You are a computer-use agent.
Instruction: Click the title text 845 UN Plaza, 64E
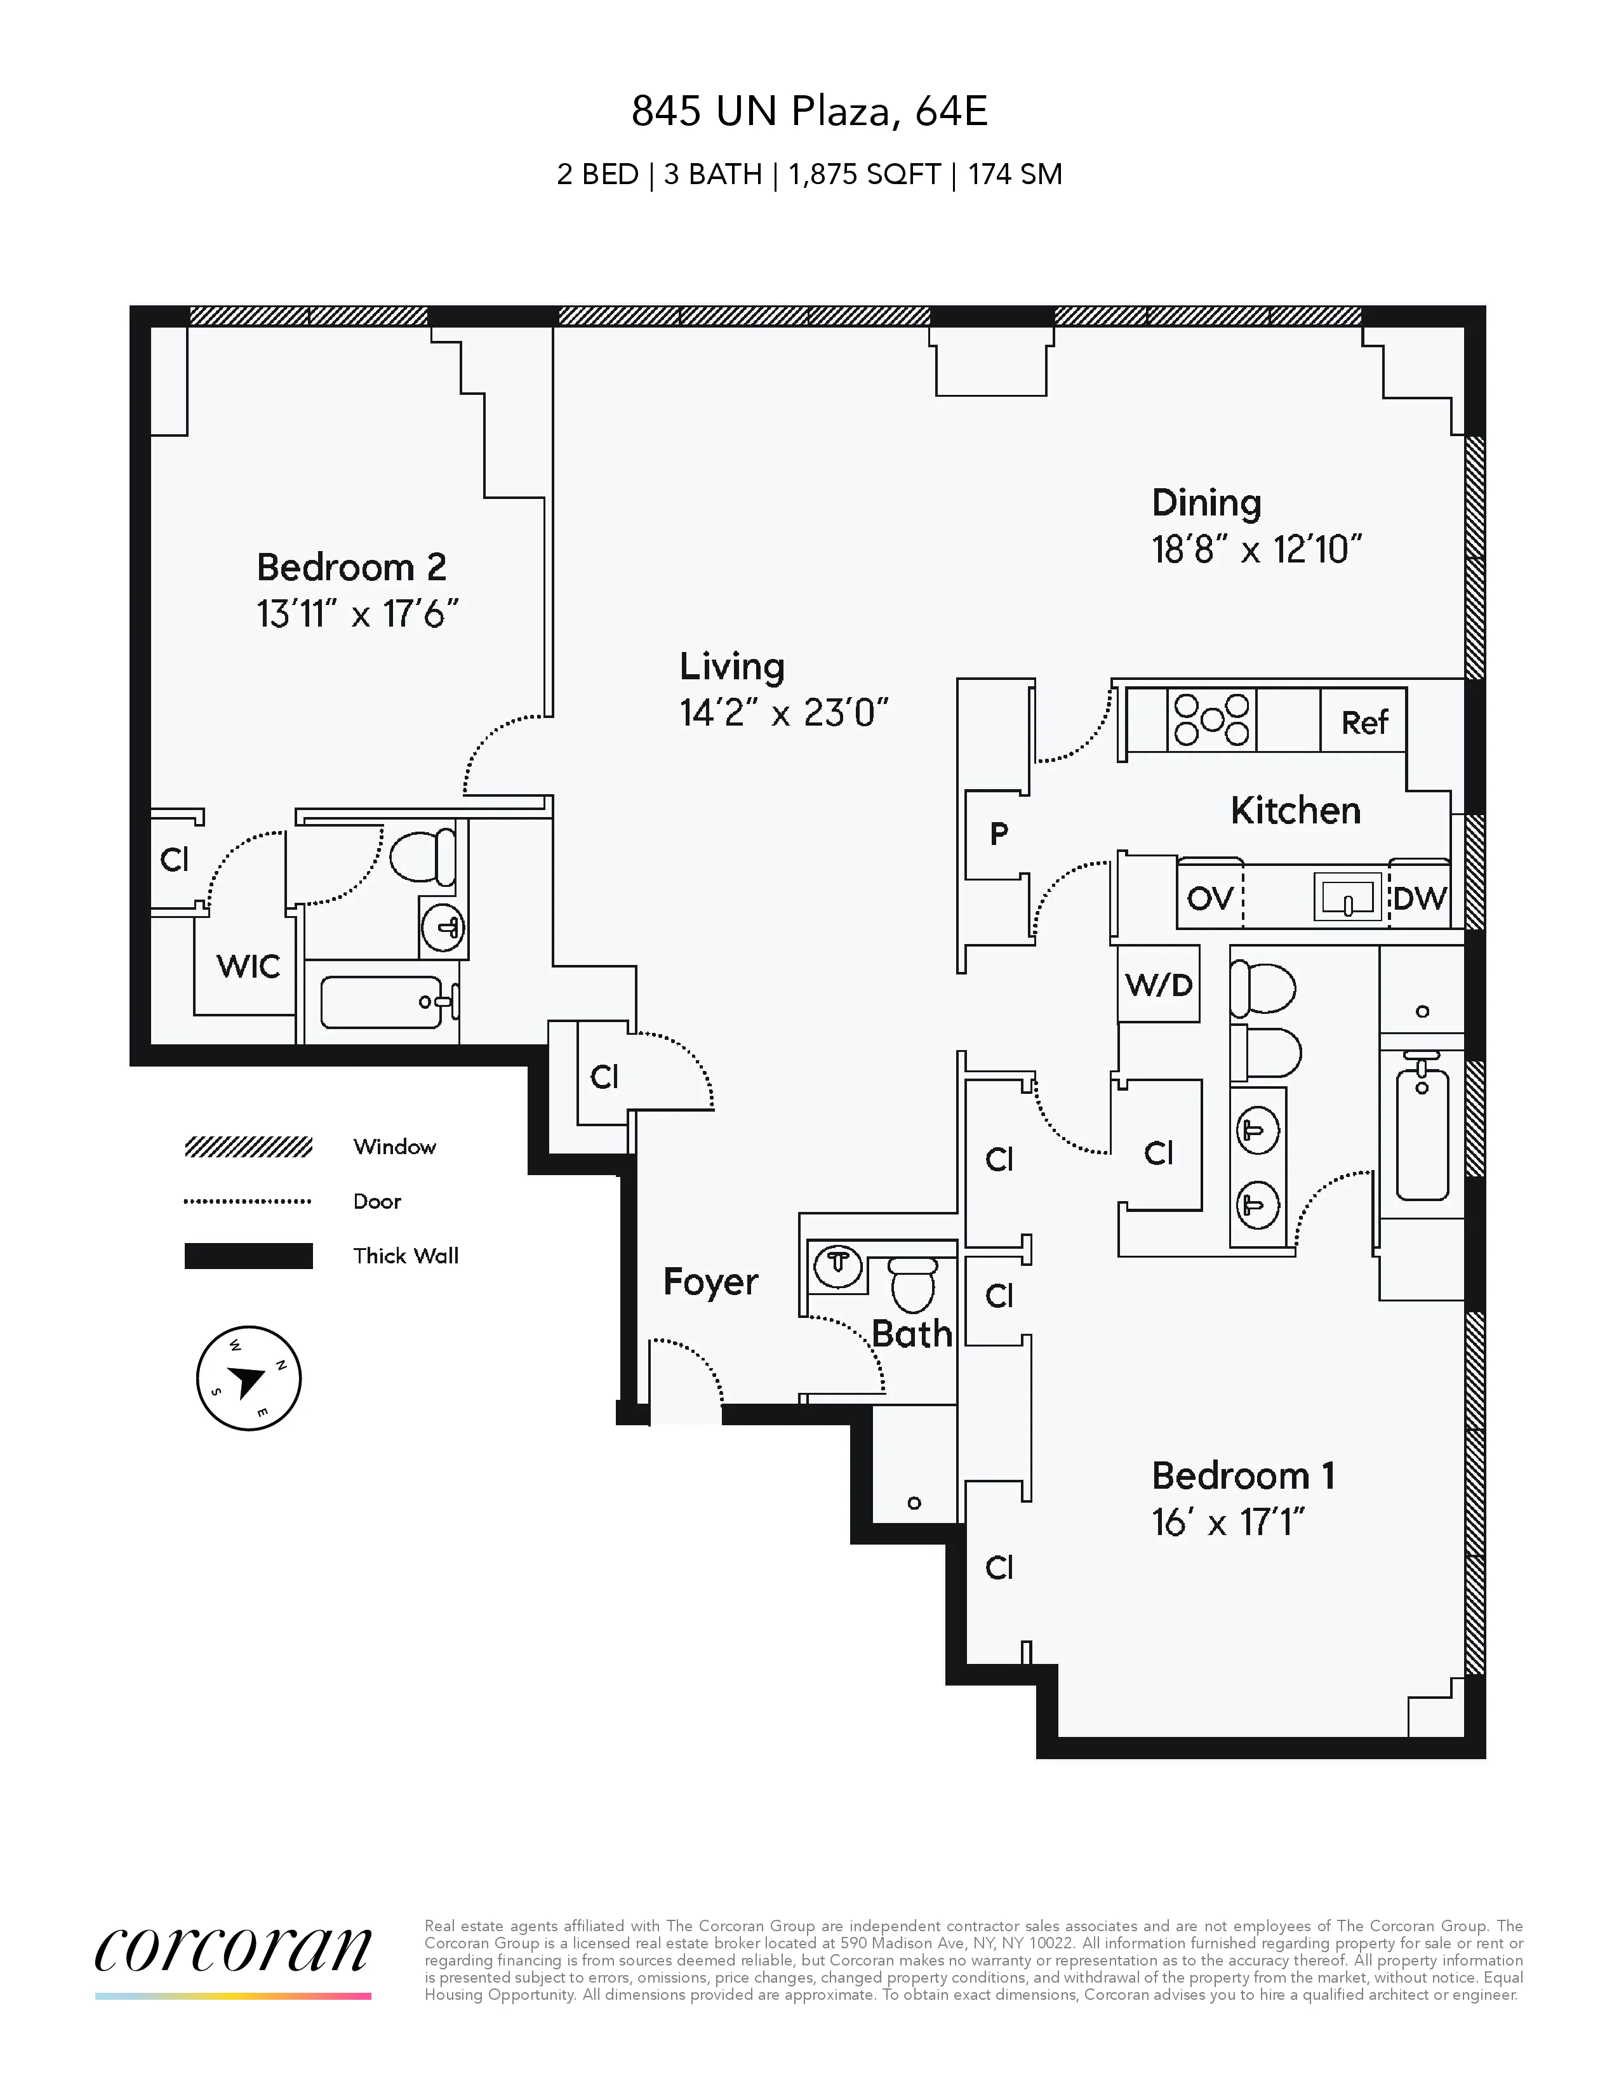(x=808, y=112)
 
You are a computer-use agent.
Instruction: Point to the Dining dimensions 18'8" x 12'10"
(x=1256, y=550)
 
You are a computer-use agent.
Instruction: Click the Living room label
(x=732, y=666)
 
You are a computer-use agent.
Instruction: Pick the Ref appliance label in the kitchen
(x=1364, y=722)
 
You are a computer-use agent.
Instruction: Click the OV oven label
(x=1209, y=899)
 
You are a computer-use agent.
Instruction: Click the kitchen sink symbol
(x=1347, y=898)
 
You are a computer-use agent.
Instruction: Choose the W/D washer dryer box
(x=1159, y=984)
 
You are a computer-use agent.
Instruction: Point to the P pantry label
(x=999, y=834)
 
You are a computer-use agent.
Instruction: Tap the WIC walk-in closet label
(x=248, y=966)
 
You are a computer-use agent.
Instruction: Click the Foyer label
(x=710, y=1282)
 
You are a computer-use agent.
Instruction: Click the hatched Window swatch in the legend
(x=248, y=1147)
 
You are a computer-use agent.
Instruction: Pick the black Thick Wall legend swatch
(x=248, y=1256)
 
